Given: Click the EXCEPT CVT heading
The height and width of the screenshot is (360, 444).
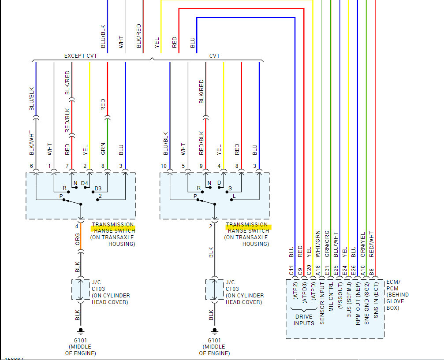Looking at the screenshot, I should pos(81,56).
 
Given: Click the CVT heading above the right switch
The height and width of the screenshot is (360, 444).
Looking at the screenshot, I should pos(214,56).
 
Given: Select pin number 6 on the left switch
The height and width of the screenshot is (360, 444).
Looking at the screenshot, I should pos(32,166).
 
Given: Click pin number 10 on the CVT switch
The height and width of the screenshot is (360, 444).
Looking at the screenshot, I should pos(164,166).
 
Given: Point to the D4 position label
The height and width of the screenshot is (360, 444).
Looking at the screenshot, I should pos(85,183).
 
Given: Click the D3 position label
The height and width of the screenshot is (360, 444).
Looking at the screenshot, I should pos(98,189).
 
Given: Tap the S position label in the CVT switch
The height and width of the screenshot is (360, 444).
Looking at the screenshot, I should pos(230,188).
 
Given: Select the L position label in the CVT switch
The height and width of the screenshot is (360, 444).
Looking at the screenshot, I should pos(234,195).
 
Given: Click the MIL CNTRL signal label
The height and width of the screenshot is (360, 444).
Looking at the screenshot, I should pos(330,304).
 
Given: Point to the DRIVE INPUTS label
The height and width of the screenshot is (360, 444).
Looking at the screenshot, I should pos(304,320).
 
